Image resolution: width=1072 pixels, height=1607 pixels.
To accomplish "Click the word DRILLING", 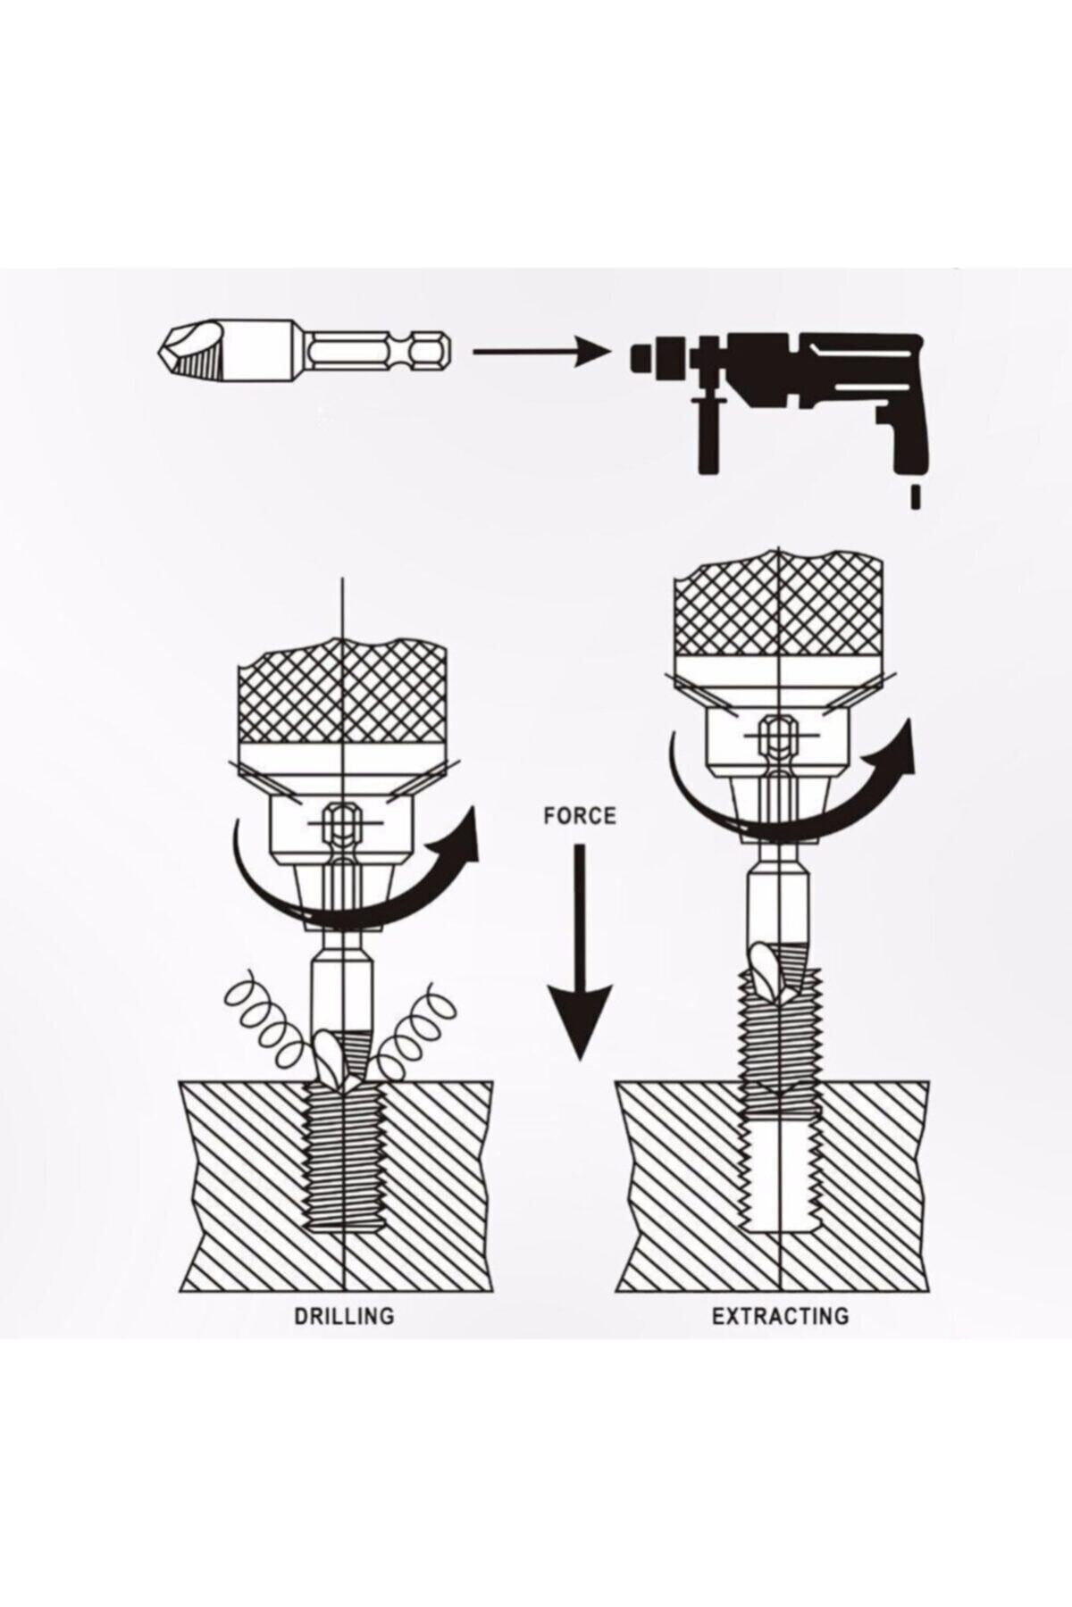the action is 344,1315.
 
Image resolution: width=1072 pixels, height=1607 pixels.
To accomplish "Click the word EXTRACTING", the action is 780,1315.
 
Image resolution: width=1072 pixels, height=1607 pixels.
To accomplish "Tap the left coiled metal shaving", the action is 268,1025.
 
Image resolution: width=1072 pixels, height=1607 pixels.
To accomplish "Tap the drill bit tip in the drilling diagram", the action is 344,1062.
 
